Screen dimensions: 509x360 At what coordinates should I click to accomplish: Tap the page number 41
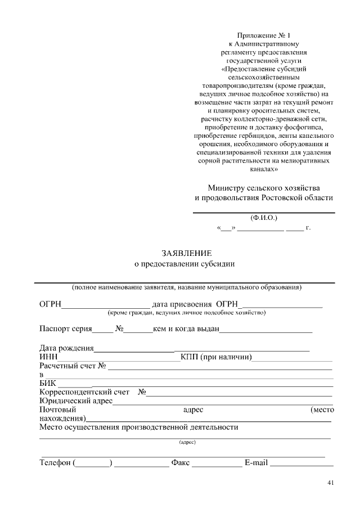point(330,483)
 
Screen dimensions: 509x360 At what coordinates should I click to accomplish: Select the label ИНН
point(48,357)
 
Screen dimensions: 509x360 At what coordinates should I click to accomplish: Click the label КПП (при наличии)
point(216,357)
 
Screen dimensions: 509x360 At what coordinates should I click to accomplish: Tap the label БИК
point(48,383)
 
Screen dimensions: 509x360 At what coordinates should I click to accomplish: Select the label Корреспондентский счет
point(84,392)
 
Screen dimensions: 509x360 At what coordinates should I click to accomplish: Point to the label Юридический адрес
point(76,400)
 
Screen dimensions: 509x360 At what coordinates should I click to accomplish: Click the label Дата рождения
point(66,348)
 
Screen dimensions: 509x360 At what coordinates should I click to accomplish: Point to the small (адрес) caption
point(187,443)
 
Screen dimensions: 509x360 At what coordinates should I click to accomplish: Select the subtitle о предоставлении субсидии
point(184,263)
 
